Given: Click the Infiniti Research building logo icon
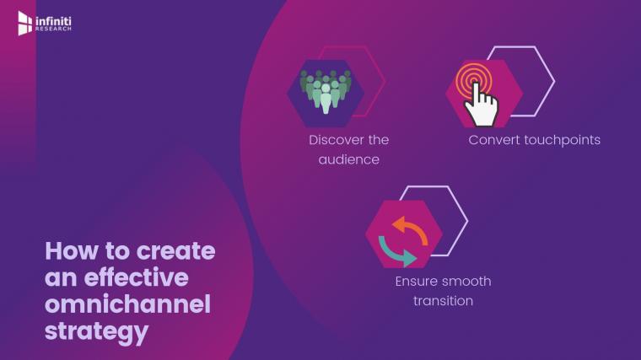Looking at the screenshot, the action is click(x=25, y=24).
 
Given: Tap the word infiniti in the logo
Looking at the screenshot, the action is click(x=53, y=21).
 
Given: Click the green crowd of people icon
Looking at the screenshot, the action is click(x=326, y=92).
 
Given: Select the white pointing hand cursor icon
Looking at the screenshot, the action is click(x=481, y=105).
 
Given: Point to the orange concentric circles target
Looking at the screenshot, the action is click(x=473, y=79).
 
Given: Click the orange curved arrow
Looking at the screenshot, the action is click(x=410, y=230).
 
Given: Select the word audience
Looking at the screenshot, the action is click(x=348, y=160).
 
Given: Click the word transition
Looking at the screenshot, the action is click(x=443, y=301).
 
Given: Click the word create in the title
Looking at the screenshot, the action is click(x=175, y=252).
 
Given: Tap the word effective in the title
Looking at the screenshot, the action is click(x=136, y=278).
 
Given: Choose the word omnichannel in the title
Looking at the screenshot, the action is click(x=128, y=304).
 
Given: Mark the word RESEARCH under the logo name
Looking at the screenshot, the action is click(x=53, y=30).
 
